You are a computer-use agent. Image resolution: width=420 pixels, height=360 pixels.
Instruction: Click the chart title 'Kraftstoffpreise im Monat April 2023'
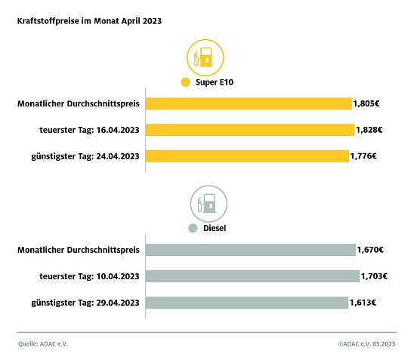pyautogui.click(x=88, y=22)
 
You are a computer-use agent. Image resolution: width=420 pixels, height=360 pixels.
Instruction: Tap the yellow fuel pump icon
pyautogui.click(x=204, y=57)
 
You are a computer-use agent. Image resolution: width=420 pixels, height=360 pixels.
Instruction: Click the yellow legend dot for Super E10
pyautogui.click(x=184, y=82)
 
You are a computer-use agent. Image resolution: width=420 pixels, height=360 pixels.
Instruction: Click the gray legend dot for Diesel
pyautogui.click(x=193, y=228)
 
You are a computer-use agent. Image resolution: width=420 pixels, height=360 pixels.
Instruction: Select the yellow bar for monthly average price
pyautogui.click(x=248, y=103)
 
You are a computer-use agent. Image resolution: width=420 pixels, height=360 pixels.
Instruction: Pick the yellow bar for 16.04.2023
pyautogui.click(x=249, y=130)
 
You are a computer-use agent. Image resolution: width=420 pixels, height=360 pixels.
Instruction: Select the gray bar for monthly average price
pyautogui.click(x=250, y=250)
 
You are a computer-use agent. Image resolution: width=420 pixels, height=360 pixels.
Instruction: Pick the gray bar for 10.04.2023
pyautogui.click(x=252, y=276)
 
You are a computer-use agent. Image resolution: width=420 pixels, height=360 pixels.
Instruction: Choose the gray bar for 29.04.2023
pyautogui.click(x=246, y=303)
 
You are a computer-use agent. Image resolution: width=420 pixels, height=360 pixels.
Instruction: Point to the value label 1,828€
pyautogui.click(x=369, y=130)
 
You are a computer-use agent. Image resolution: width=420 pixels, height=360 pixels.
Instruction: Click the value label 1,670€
pyautogui.click(x=370, y=250)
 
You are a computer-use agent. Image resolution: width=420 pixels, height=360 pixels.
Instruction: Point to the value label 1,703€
pyautogui.click(x=375, y=276)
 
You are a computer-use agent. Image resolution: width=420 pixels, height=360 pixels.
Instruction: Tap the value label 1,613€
pyautogui.click(x=363, y=303)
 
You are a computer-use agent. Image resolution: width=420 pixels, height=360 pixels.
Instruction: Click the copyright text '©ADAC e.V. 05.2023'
pyautogui.click(x=367, y=343)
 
